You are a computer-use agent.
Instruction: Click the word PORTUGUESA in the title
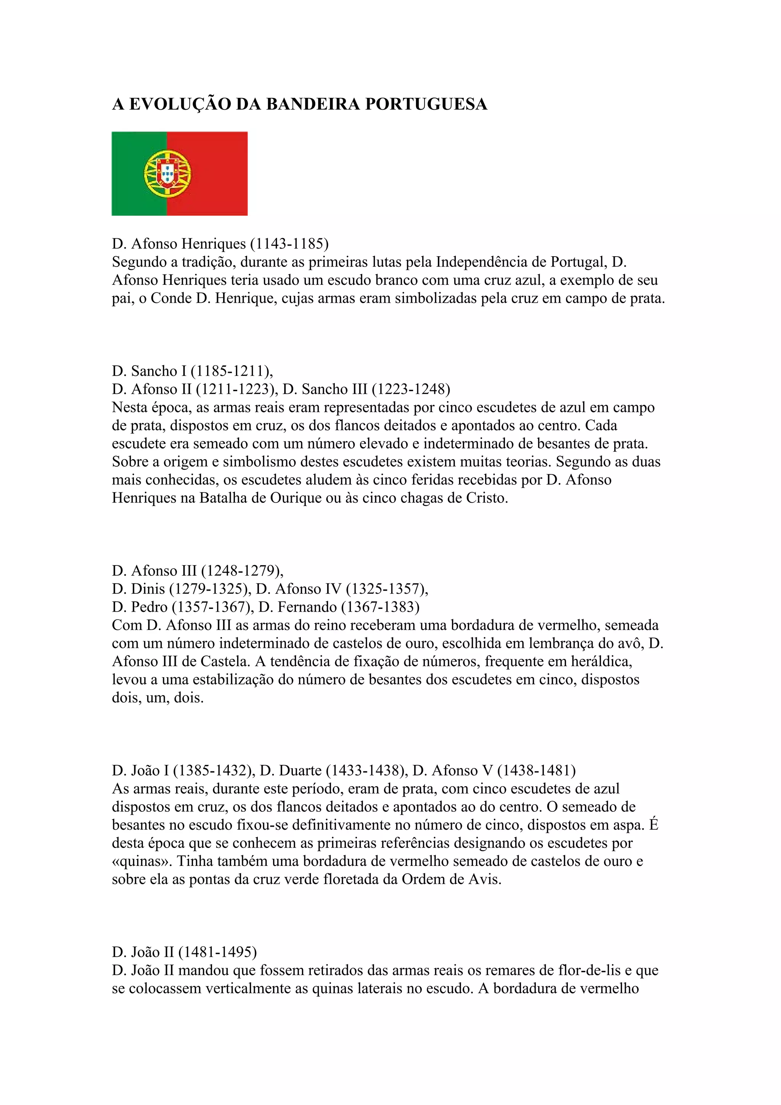tap(426, 104)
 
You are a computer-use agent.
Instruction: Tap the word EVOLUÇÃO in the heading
tap(180, 104)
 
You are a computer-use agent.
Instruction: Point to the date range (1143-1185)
tap(289, 244)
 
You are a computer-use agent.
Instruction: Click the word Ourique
tap(296, 498)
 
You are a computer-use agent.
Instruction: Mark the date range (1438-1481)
tap(536, 771)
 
